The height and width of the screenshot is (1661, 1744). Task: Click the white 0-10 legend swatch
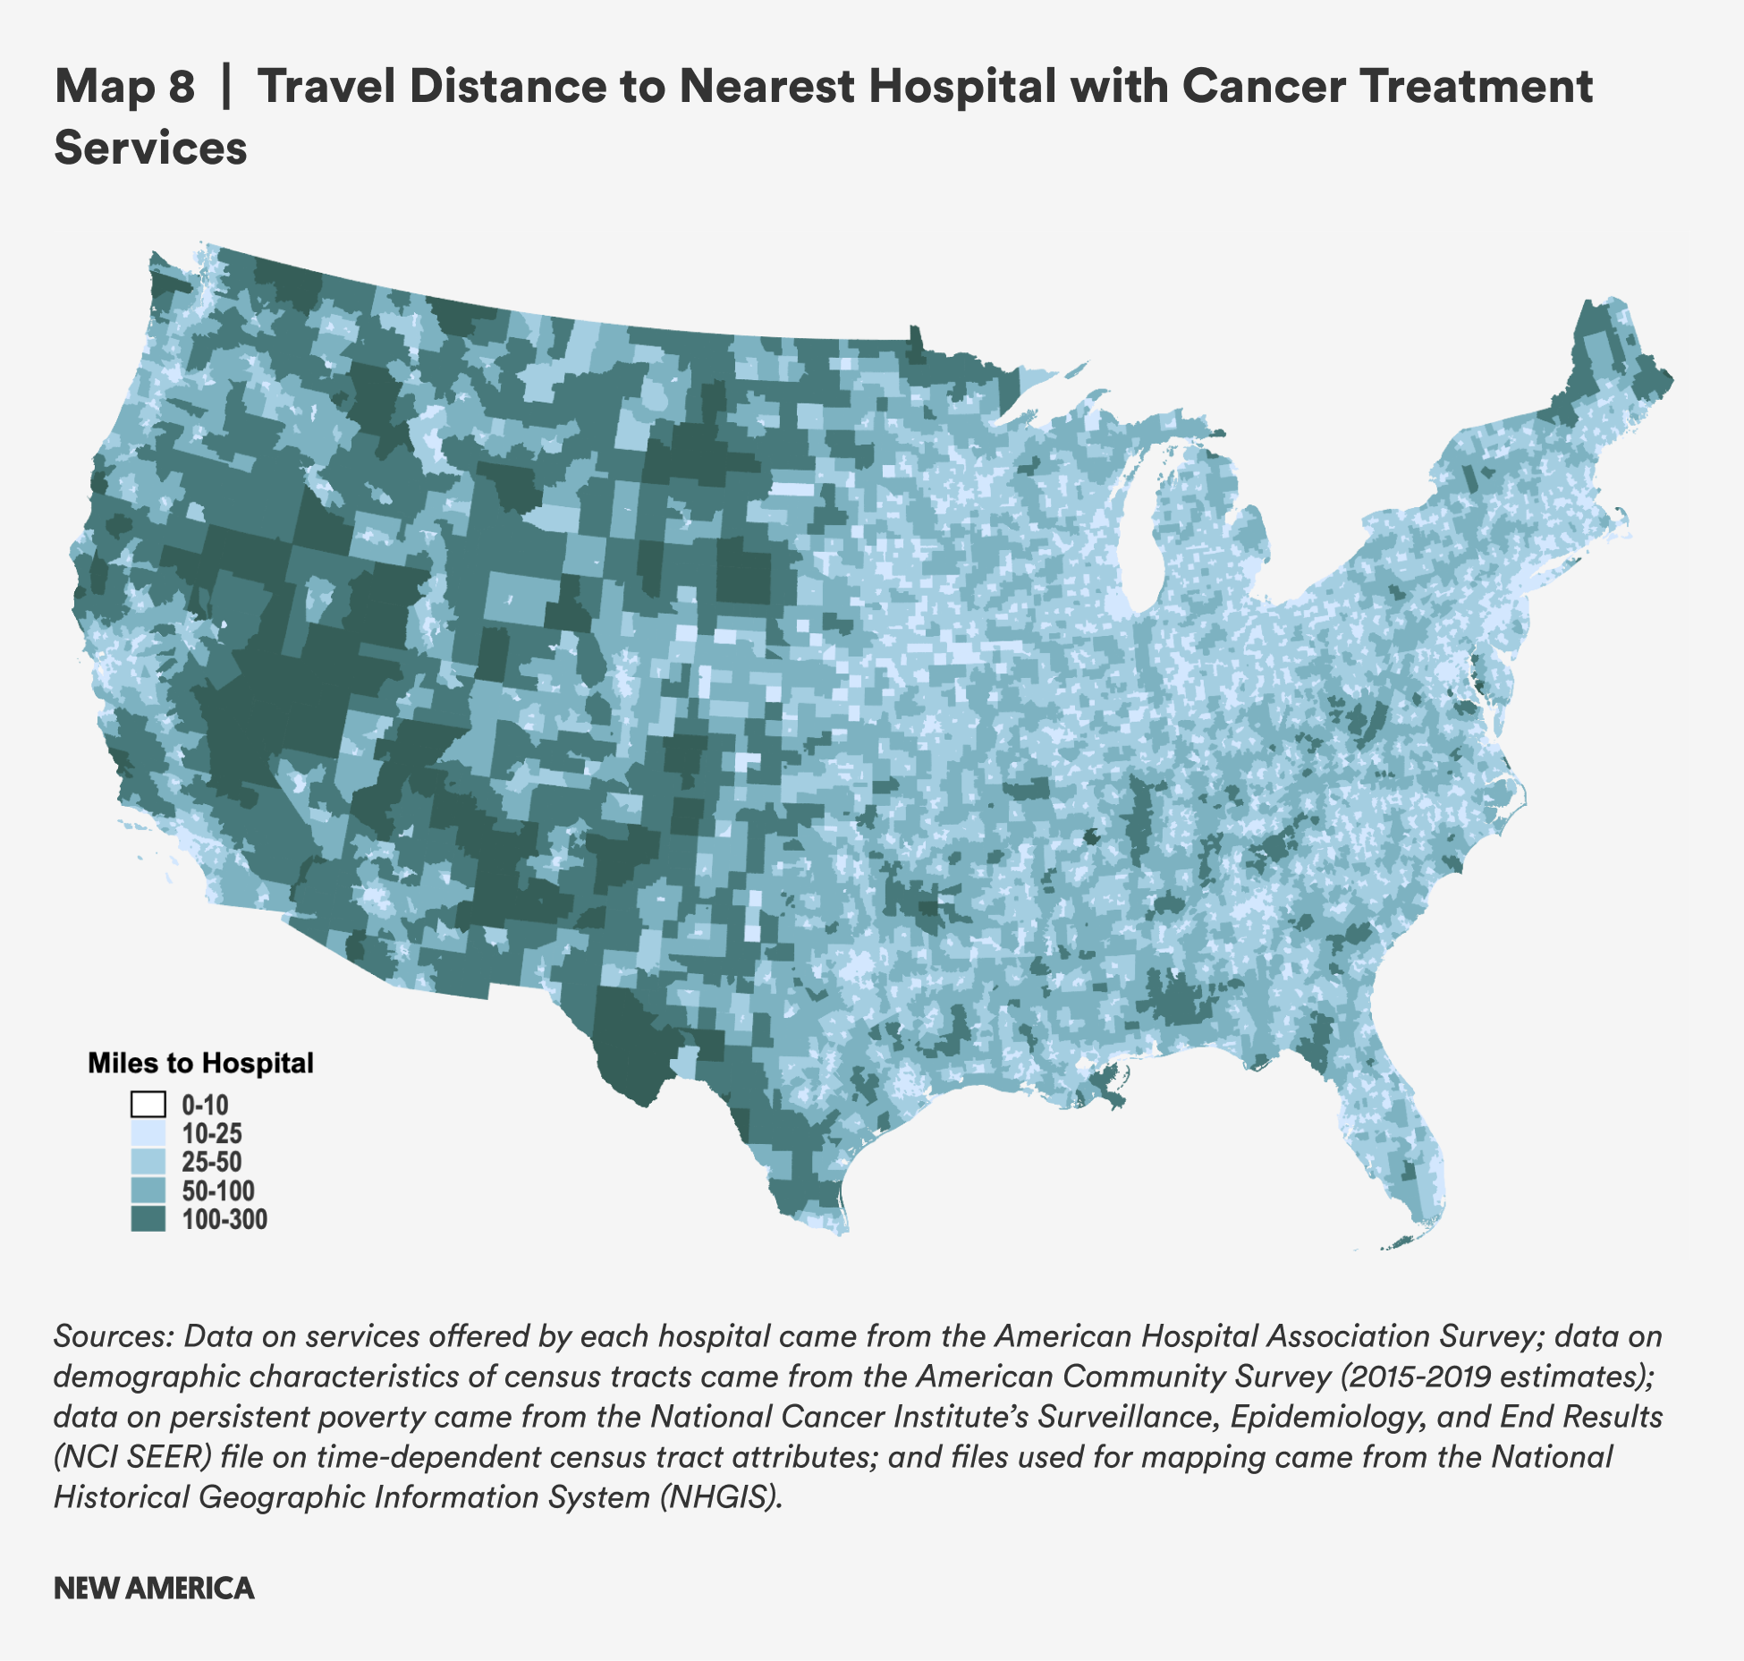pyautogui.click(x=148, y=1105)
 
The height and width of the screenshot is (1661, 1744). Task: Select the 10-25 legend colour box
pyautogui.click(x=148, y=1133)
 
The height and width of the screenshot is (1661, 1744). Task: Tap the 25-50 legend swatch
pyautogui.click(x=148, y=1162)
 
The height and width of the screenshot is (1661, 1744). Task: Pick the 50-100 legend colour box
pyautogui.click(x=148, y=1191)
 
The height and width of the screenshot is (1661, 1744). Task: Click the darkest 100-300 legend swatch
pyautogui.click(x=148, y=1219)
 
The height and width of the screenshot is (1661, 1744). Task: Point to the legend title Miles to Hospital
pyautogui.click(x=200, y=1063)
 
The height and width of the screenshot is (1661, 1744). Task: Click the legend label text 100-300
pyautogui.click(x=224, y=1219)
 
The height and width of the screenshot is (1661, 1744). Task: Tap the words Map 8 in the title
pyautogui.click(x=124, y=87)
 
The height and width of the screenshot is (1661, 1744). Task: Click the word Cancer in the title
pyautogui.click(x=1263, y=87)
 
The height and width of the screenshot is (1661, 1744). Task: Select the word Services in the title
pyautogui.click(x=150, y=148)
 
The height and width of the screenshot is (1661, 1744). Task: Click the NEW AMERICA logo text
pyautogui.click(x=154, y=1588)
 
